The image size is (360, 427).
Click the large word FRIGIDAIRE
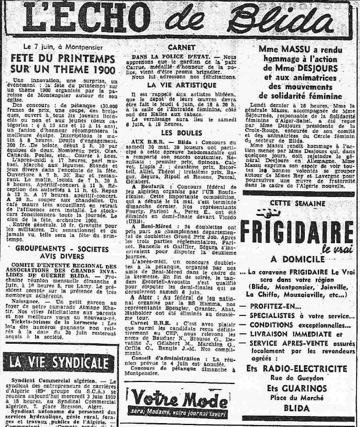(297, 232)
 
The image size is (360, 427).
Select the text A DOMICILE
(297, 259)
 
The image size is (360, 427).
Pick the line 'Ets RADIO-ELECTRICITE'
(297, 369)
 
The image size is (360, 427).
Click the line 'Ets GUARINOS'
(297, 388)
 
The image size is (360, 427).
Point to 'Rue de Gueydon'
(297, 378)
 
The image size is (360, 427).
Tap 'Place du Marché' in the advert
(297, 398)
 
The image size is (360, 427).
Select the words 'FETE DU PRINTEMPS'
(63, 59)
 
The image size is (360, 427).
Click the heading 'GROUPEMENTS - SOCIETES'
(63, 249)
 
